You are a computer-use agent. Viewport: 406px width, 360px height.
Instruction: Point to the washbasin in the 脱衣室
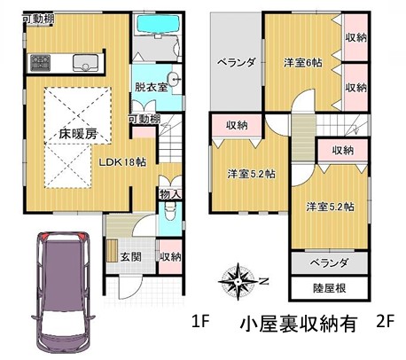coord(174,79)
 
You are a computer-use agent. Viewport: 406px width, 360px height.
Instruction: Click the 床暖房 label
coord(78,134)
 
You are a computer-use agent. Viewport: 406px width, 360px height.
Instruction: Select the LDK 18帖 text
coord(122,162)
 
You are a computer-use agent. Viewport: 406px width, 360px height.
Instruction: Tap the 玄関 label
coord(131,257)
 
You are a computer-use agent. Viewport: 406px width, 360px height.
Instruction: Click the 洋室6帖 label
coord(303,63)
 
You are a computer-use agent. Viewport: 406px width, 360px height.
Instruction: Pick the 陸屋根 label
coord(330,288)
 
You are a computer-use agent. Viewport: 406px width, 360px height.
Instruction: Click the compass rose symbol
coord(238,281)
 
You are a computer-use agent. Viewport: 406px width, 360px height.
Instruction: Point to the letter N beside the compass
coord(264,281)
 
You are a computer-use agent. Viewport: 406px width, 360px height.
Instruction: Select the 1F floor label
coord(200,321)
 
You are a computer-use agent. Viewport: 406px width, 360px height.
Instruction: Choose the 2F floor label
coord(386,321)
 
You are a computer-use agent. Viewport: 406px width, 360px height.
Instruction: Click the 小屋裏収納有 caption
coord(298,324)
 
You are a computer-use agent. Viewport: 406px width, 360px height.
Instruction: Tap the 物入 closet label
coord(170,194)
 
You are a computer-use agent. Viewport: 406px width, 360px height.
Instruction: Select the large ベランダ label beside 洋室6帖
coord(237,62)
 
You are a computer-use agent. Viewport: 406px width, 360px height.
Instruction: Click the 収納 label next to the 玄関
coord(170,257)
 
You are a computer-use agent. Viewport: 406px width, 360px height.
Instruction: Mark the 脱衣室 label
coord(152,87)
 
